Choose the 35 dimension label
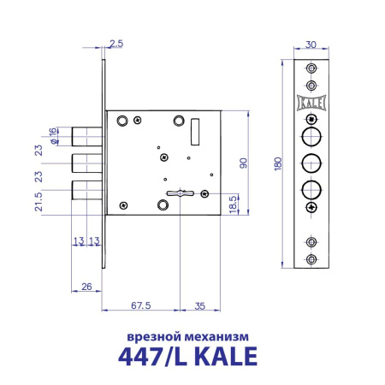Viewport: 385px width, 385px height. point(198,303)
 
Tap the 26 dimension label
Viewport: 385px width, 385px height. point(86,287)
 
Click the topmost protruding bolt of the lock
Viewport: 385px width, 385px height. point(86,135)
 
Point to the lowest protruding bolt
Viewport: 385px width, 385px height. point(86,190)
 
